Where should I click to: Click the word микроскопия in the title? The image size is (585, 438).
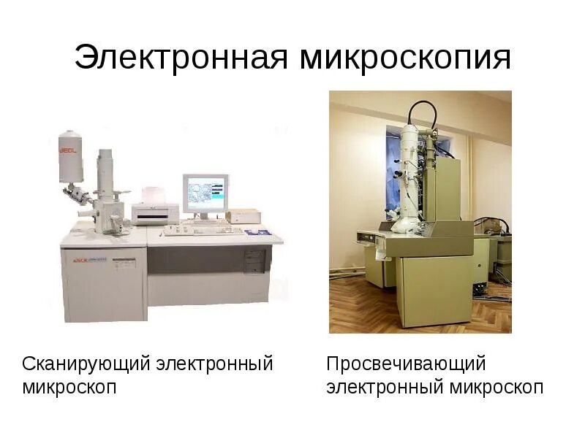click(405, 58)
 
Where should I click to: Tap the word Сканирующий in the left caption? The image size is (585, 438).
click(86, 363)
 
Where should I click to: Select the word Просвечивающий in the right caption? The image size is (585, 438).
click(407, 363)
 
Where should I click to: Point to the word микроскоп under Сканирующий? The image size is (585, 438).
click(69, 386)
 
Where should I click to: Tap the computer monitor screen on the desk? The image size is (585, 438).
click(205, 193)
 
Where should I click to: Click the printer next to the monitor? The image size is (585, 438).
click(155, 212)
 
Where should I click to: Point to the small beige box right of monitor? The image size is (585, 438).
click(243, 215)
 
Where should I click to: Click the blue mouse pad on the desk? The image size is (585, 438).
click(257, 232)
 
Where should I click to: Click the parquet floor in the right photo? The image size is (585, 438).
click(358, 307)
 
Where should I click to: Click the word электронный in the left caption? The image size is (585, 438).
click(214, 363)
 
